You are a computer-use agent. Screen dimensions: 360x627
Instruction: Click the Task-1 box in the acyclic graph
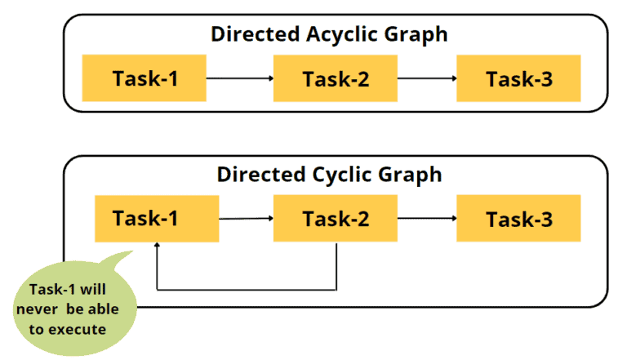point(145,79)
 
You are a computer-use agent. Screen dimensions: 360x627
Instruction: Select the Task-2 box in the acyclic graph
point(335,79)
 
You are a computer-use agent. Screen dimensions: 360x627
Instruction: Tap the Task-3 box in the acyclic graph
point(518,79)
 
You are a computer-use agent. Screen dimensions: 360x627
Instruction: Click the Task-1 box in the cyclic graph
point(157,219)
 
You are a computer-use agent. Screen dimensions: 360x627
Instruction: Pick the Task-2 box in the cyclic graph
point(335,219)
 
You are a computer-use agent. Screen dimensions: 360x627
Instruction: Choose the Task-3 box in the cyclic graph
point(518,219)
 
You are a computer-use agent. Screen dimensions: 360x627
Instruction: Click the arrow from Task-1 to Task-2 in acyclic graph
point(240,79)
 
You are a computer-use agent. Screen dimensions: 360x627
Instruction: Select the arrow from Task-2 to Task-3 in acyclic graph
point(426,79)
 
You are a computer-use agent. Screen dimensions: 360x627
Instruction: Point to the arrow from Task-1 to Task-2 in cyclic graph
point(246,219)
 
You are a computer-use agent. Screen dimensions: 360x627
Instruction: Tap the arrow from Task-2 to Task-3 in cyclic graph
point(426,219)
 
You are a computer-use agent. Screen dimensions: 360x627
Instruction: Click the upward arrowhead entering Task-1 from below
point(157,247)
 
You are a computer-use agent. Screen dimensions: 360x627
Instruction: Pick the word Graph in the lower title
point(412,174)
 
